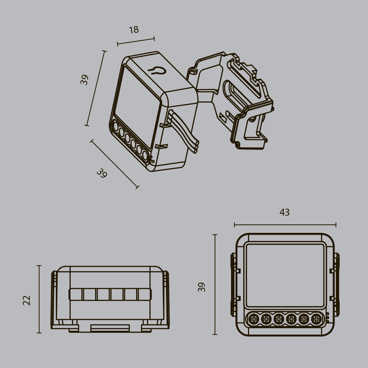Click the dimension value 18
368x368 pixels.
point(134,30)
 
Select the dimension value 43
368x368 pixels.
point(284,212)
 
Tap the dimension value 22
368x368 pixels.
point(27,300)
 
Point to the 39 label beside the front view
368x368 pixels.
point(202,287)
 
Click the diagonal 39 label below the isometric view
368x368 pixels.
point(102,173)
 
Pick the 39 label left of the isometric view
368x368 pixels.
point(85,79)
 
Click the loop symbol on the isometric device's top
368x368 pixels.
point(156,70)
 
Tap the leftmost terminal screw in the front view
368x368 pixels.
point(253,319)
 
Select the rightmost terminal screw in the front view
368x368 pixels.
point(316,319)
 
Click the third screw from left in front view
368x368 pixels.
point(279,319)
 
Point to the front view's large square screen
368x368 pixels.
point(285,275)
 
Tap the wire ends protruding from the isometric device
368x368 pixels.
point(196,146)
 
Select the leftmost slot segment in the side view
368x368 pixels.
point(76,294)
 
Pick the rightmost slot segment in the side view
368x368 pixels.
point(144,294)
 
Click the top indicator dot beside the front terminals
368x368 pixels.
point(328,314)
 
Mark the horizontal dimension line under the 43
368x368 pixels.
point(285,224)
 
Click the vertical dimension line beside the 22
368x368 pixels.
point(39,299)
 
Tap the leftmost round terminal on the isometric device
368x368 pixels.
point(115,127)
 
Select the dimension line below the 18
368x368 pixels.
point(136,41)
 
